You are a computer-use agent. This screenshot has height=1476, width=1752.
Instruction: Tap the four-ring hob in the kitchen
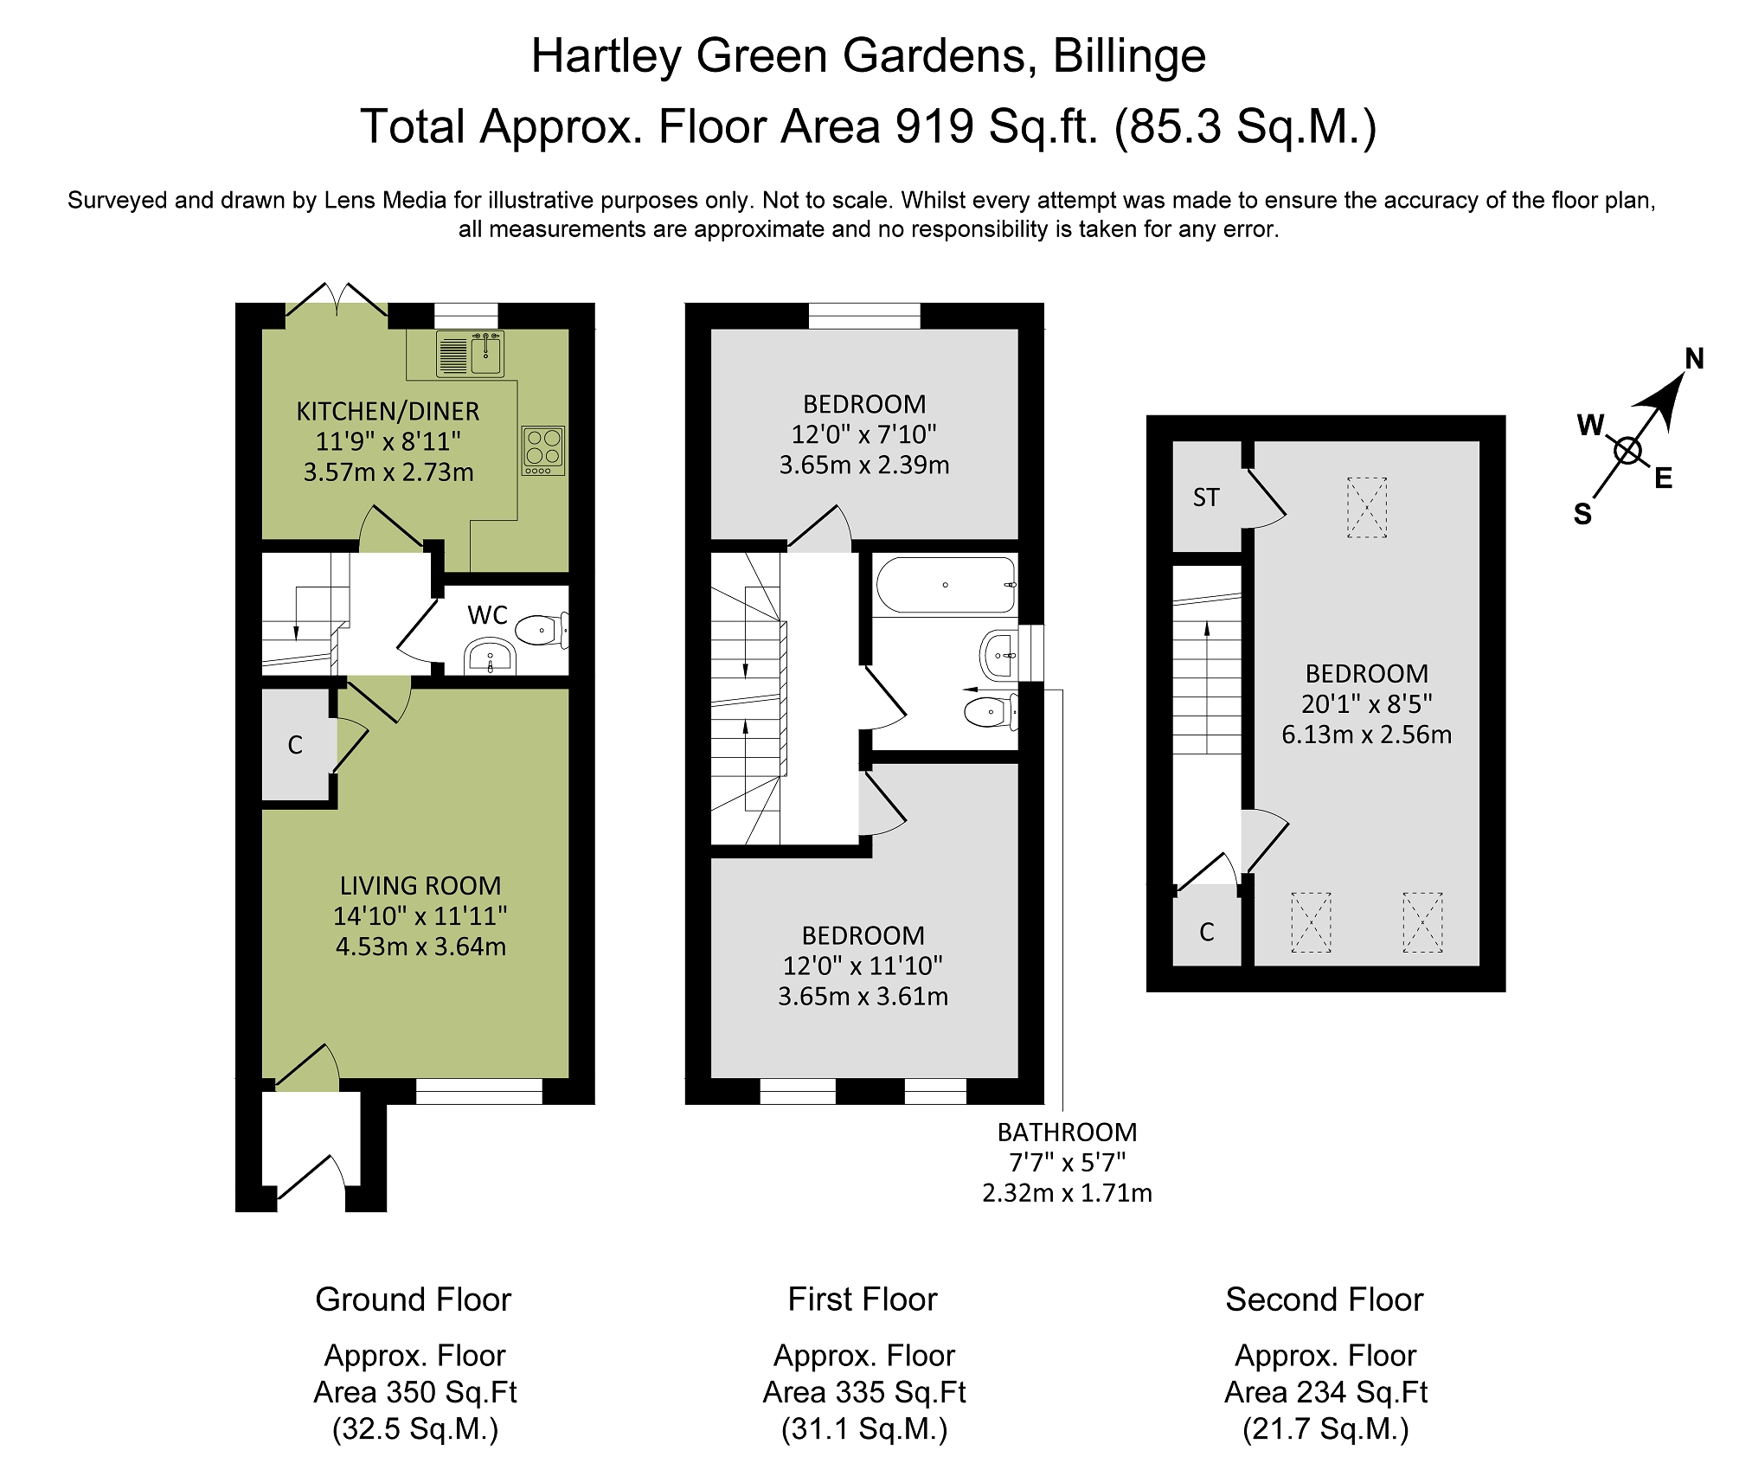point(543,450)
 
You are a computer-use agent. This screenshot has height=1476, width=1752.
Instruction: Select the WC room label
point(487,615)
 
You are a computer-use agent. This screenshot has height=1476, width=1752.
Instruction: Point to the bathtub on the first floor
point(945,586)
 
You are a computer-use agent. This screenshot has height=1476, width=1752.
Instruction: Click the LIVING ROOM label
point(420,886)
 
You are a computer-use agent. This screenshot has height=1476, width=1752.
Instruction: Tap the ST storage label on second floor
point(1206,497)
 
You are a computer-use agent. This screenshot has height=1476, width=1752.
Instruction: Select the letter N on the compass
point(1694,359)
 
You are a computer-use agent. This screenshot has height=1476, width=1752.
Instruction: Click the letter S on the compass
point(1582,515)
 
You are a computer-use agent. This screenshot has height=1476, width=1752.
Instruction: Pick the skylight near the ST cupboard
point(1367,508)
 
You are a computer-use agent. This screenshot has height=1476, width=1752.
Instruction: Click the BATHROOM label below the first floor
point(1067,1133)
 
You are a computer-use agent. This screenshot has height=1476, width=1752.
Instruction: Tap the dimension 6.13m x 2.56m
point(1366,735)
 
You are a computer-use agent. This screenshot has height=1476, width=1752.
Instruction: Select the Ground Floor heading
point(414,1300)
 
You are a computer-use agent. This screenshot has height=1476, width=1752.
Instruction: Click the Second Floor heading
point(1324,1300)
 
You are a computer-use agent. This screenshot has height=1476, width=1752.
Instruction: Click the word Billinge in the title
point(1129,56)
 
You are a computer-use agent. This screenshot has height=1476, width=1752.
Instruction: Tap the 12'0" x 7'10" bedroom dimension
point(863,434)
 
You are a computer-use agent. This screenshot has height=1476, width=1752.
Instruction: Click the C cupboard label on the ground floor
point(295,745)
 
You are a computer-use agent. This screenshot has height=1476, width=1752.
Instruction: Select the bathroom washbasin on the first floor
point(998,655)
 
